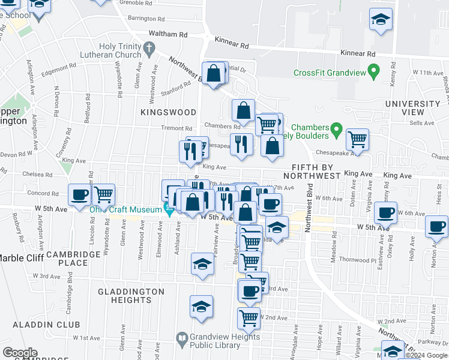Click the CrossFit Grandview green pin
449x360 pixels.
pos(373,73)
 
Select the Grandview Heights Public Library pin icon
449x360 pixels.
pos(182,340)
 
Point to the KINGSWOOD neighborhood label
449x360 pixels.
pos(169,112)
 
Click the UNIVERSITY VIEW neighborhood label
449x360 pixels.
pos(412,108)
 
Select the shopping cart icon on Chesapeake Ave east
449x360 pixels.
pos(358,139)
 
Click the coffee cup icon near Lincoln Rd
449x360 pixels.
pos(80,194)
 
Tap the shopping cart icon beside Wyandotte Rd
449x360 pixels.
pos(104,194)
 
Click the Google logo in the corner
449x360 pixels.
pos(20,353)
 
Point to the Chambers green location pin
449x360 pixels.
pos(336,129)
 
